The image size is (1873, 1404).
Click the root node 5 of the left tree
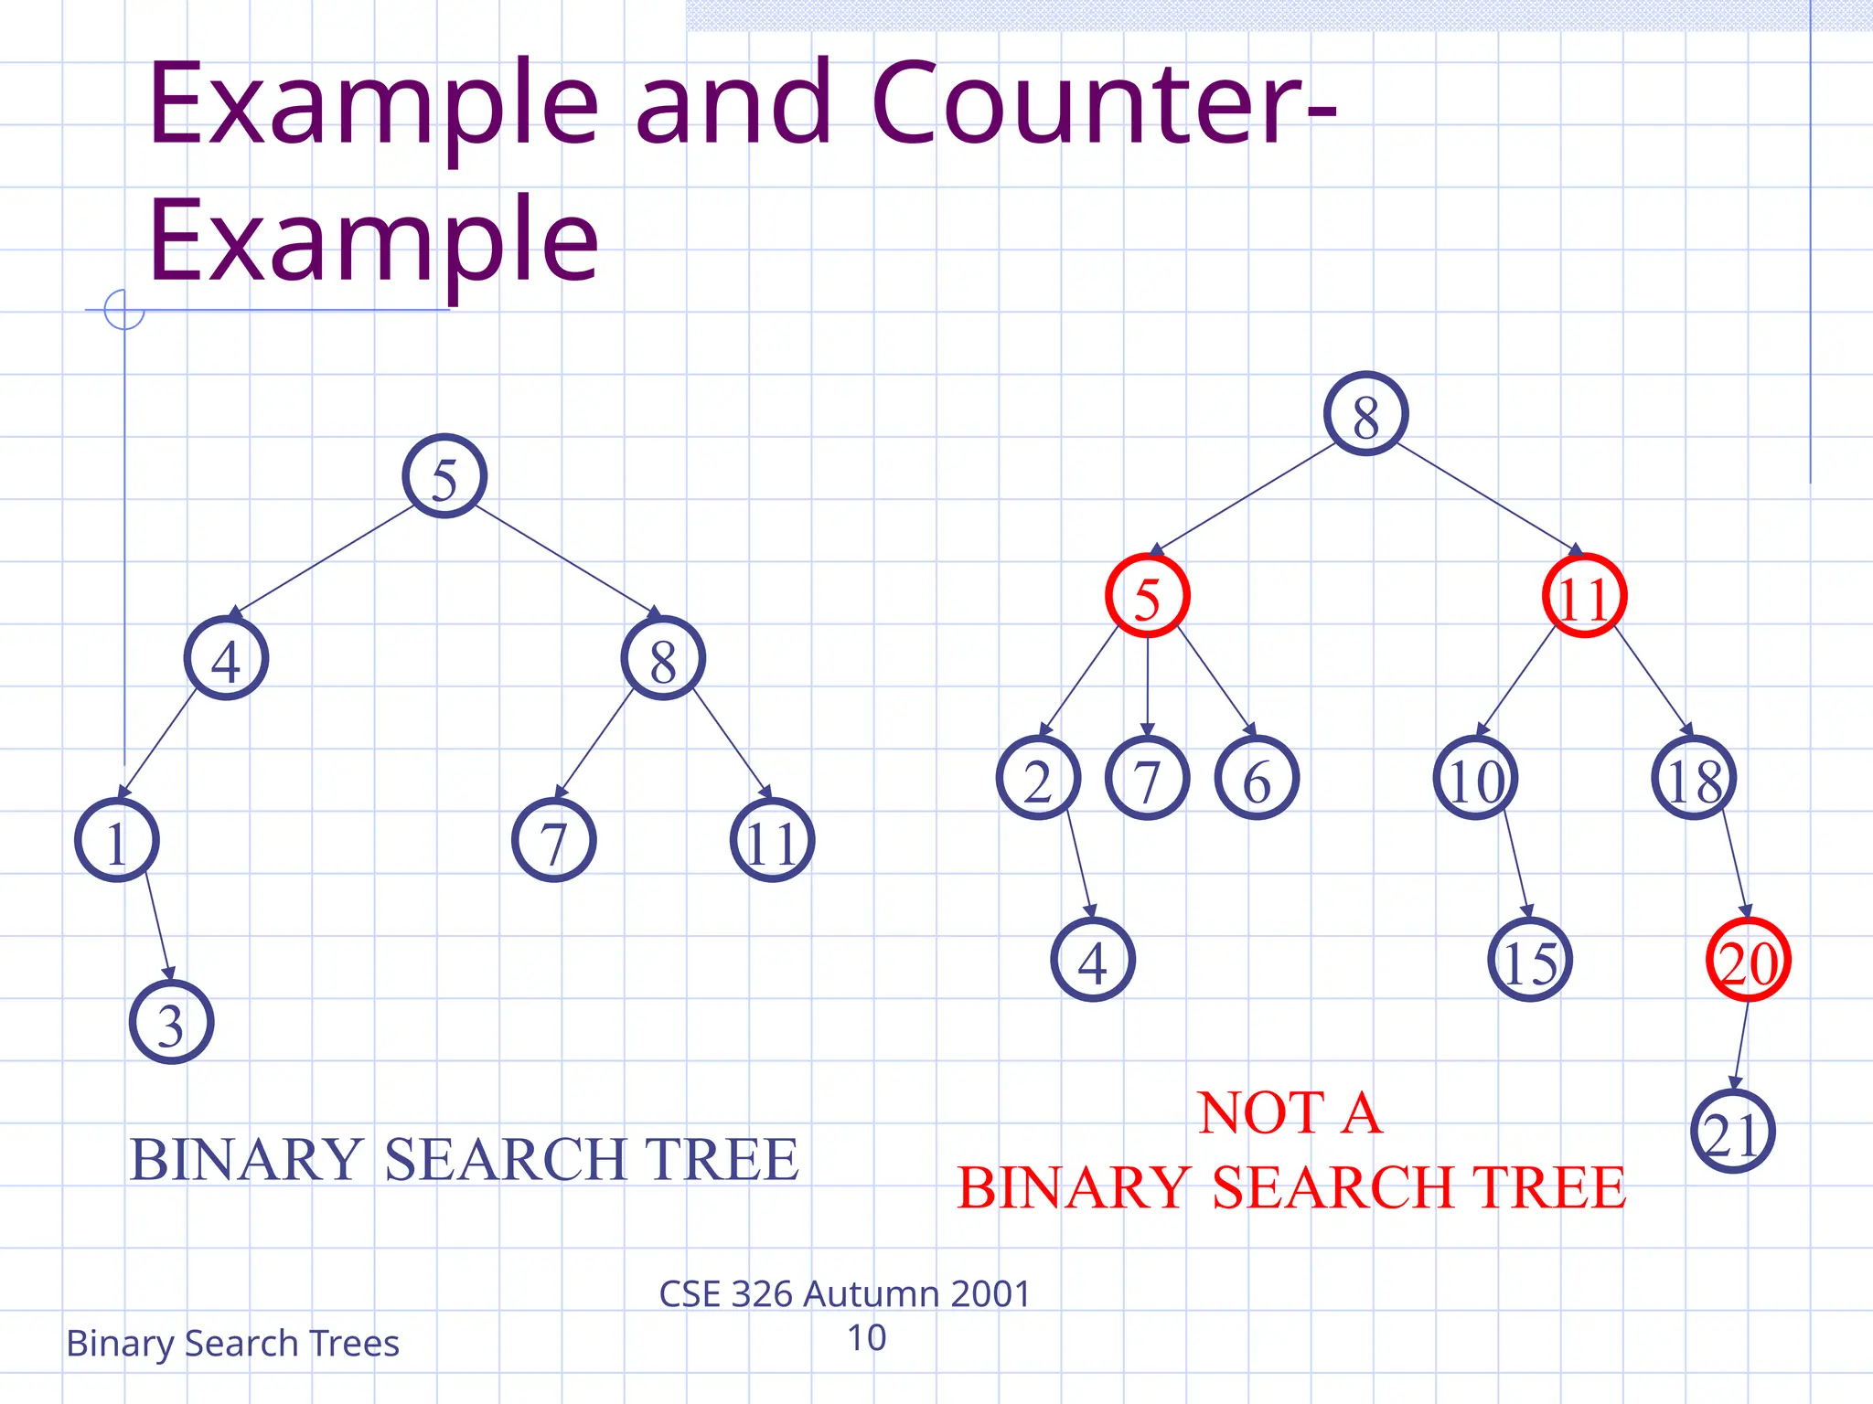click(x=444, y=476)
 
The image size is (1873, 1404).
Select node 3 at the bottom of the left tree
click(x=171, y=1022)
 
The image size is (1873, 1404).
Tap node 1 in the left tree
click(x=116, y=840)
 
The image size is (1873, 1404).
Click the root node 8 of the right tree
click(x=1365, y=414)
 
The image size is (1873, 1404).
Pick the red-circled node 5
click(x=1147, y=596)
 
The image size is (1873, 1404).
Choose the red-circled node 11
click(x=1584, y=596)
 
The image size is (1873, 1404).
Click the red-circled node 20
click(x=1748, y=960)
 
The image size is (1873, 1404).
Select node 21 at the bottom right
click(x=1732, y=1132)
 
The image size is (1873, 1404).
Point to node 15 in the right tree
click(x=1529, y=960)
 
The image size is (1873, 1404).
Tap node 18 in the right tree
click(x=1694, y=778)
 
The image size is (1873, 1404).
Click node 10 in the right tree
click(x=1475, y=778)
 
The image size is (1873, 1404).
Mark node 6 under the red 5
click(x=1257, y=778)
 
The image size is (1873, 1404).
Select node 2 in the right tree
click(x=1038, y=778)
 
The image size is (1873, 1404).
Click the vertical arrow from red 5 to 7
click(x=1147, y=686)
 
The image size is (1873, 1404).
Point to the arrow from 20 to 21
click(x=1740, y=1046)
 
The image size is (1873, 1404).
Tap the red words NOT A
click(x=1290, y=1113)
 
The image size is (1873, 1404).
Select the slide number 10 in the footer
click(x=866, y=1338)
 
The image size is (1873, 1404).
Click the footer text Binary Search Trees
click(x=232, y=1344)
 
